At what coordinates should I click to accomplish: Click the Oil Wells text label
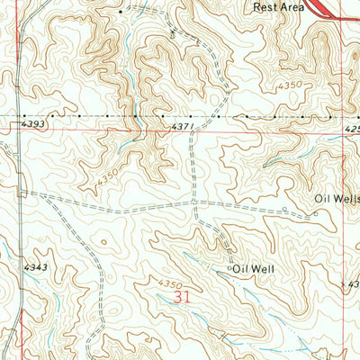pyautogui.click(x=337, y=199)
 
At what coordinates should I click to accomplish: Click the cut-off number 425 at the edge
pyautogui.click(x=351, y=129)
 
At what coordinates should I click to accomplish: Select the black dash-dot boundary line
pyautogui.click(x=90, y=116)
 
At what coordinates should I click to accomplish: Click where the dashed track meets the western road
pyautogui.click(x=22, y=192)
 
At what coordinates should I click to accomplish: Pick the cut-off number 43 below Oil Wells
pyautogui.click(x=353, y=283)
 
